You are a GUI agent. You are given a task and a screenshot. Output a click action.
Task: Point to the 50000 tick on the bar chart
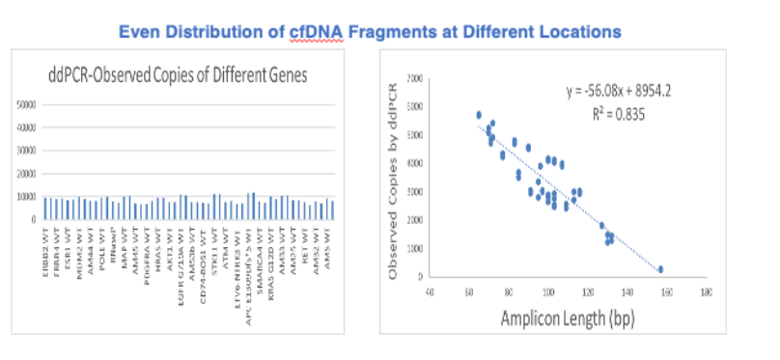tap(29, 104)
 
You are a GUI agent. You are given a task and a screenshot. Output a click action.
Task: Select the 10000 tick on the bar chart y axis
tap(29, 197)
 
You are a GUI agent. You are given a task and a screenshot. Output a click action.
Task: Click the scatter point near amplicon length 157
tap(661, 269)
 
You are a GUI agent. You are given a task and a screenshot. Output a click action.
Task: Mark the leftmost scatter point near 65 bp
tap(479, 115)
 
